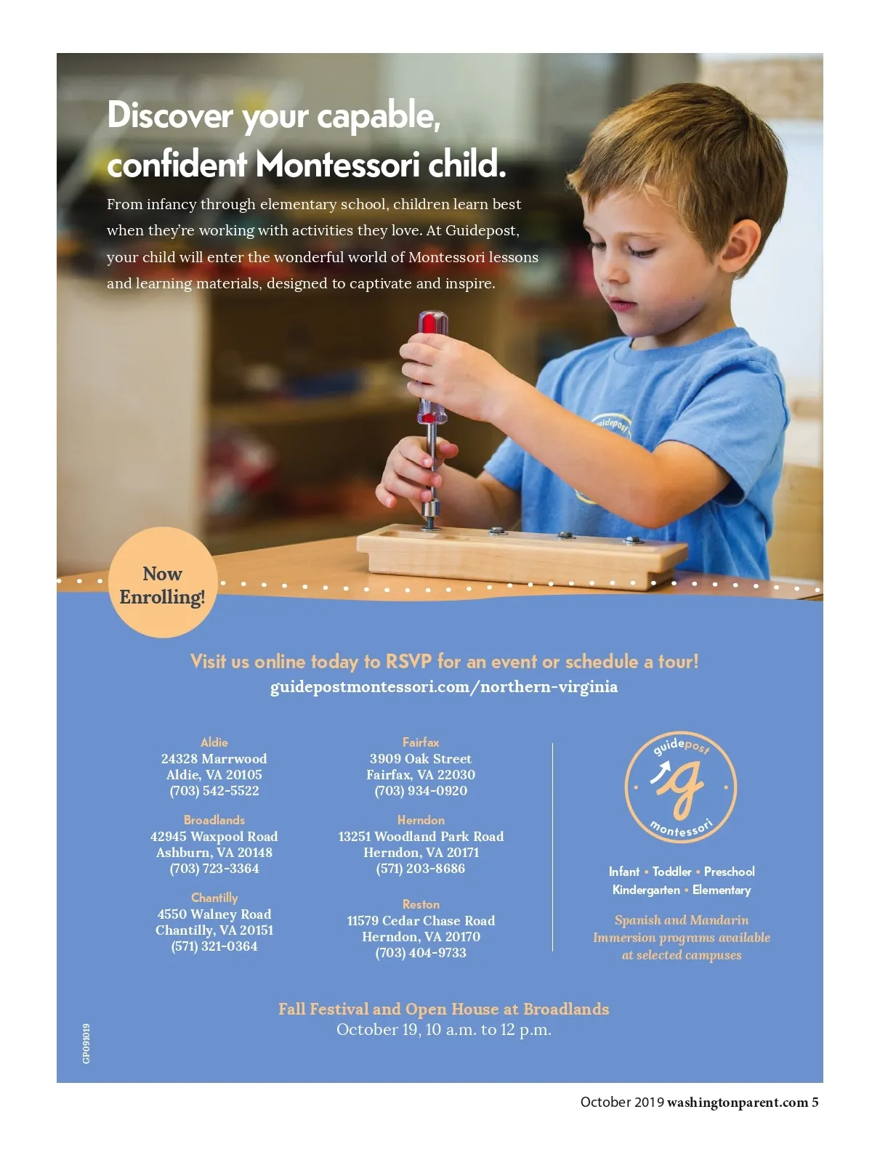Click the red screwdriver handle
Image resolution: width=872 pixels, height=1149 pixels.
432,330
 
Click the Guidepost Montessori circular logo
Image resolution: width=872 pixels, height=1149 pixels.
681,787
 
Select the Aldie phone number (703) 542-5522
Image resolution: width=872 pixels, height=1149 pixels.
214,791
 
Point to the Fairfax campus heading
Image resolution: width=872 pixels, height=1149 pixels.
421,742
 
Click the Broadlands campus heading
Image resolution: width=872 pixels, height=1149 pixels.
214,820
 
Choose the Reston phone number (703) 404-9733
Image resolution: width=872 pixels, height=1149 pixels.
421,953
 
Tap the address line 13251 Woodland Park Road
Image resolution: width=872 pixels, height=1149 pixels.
421,837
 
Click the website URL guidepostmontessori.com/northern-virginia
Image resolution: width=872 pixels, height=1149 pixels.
444,687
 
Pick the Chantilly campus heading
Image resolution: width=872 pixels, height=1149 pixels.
214,898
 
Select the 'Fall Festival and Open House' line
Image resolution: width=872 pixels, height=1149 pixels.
443,1009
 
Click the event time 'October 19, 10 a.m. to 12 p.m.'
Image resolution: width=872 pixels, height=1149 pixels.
443,1030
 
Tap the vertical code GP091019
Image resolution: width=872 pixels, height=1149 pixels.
86,1044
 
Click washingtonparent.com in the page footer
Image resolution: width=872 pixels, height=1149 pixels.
737,1103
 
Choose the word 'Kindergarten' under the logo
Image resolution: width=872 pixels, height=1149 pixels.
646,890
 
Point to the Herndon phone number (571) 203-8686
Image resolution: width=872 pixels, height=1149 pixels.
421,869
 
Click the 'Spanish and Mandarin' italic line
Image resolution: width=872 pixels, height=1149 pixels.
682,920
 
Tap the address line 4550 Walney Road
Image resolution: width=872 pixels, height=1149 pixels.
214,914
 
